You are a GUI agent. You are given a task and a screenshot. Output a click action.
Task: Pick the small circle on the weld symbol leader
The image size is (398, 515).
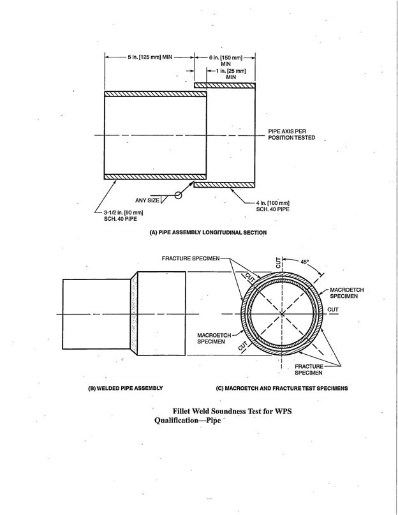pyautogui.click(x=179, y=195)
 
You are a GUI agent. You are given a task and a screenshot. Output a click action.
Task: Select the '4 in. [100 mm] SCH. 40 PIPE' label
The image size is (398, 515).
pyautogui.click(x=272, y=205)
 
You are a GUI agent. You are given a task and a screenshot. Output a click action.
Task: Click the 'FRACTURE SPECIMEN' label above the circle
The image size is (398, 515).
pyautogui.click(x=191, y=258)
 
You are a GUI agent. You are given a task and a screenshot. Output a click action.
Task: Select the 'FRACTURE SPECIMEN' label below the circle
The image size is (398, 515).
pyautogui.click(x=309, y=369)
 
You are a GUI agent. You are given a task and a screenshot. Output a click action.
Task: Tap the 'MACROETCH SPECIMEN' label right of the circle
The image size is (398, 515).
pyautogui.click(x=346, y=294)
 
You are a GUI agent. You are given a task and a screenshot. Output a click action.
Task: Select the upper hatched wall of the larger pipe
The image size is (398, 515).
pyautogui.click(x=225, y=85)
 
